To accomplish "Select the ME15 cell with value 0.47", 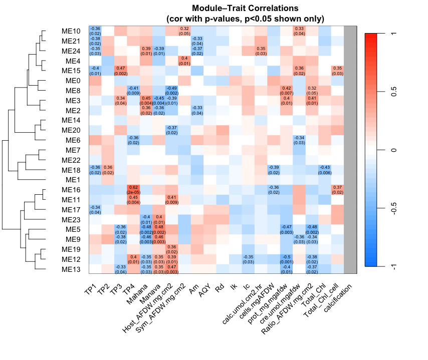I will [121, 71].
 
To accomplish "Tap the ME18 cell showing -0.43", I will [325, 169].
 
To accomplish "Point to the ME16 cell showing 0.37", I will [338, 189].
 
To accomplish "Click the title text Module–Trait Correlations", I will [245, 9].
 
